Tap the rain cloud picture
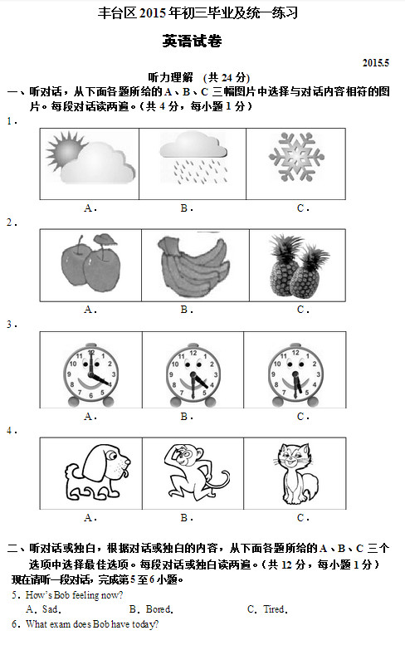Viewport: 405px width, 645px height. coord(193,158)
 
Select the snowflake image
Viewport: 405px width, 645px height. coord(296,157)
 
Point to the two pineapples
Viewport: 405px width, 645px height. coord(299,266)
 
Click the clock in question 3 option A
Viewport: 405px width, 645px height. coord(90,374)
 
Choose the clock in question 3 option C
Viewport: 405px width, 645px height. coord(295,374)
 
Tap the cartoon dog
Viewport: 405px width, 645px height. coord(98,472)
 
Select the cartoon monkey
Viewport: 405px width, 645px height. coord(197,472)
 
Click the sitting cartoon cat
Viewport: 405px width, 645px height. coord(296,474)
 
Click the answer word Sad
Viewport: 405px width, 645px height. coord(51,609)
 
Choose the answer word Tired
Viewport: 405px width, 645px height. coord(276,609)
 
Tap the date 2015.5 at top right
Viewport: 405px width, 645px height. coord(375,63)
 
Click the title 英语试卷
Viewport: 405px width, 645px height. coord(192,42)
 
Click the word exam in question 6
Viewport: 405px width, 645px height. coord(61,624)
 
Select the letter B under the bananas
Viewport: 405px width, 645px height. coord(183,310)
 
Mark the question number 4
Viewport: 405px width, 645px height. coord(10,430)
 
